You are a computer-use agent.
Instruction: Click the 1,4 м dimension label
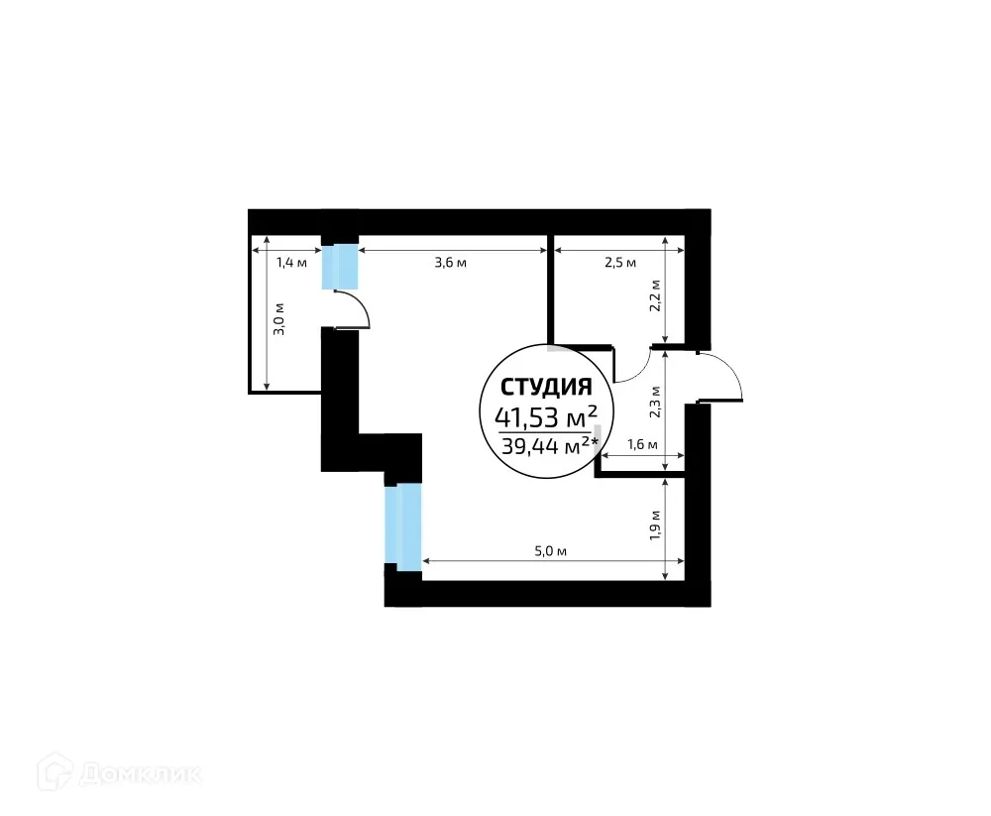click(x=290, y=263)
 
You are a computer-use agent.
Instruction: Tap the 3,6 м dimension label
click(x=450, y=263)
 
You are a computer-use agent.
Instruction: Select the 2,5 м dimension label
click(x=619, y=263)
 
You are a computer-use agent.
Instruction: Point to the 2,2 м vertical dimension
click(x=655, y=295)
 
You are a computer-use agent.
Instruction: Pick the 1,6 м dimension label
click(x=641, y=445)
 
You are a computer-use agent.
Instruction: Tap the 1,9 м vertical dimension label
click(x=655, y=523)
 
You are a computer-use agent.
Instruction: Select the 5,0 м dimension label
click(x=550, y=550)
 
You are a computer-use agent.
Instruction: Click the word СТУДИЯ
click(x=546, y=386)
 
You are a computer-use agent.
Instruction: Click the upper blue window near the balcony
click(x=339, y=266)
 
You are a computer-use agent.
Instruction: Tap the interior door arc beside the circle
click(x=630, y=367)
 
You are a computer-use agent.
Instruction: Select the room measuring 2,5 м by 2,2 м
click(x=614, y=297)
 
